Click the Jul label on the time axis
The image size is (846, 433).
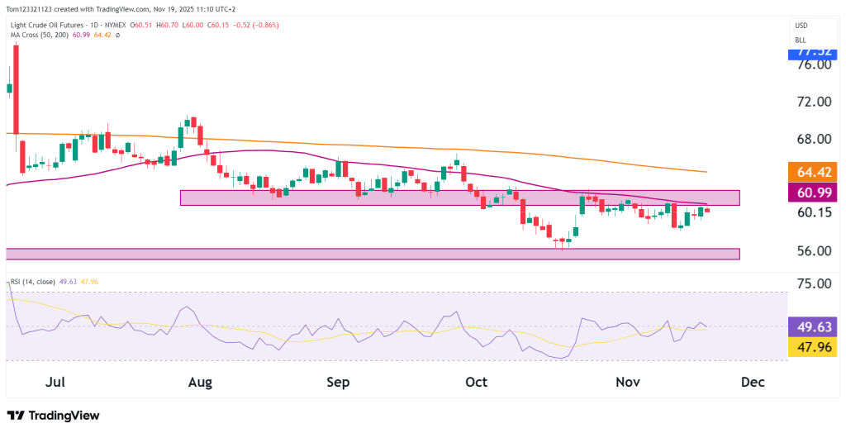(56, 383)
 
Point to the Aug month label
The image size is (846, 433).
(201, 383)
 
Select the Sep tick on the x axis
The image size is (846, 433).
(339, 383)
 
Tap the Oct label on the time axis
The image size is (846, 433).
(477, 383)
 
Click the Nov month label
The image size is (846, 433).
(629, 383)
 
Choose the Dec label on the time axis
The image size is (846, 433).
(753, 383)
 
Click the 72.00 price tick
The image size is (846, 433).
(813, 102)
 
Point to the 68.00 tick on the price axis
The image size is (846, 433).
(813, 139)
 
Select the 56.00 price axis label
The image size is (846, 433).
(813, 250)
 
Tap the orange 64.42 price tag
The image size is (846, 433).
(813, 173)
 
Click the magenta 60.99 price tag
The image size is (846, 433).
(813, 193)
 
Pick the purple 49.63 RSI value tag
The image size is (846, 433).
(813, 326)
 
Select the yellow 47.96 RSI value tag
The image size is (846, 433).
(813, 347)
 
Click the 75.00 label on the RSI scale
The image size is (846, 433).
(813, 283)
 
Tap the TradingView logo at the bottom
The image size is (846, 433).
(53, 416)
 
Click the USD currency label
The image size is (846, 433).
(801, 26)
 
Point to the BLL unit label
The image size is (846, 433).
(801, 40)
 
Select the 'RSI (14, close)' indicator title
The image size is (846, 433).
(32, 282)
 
